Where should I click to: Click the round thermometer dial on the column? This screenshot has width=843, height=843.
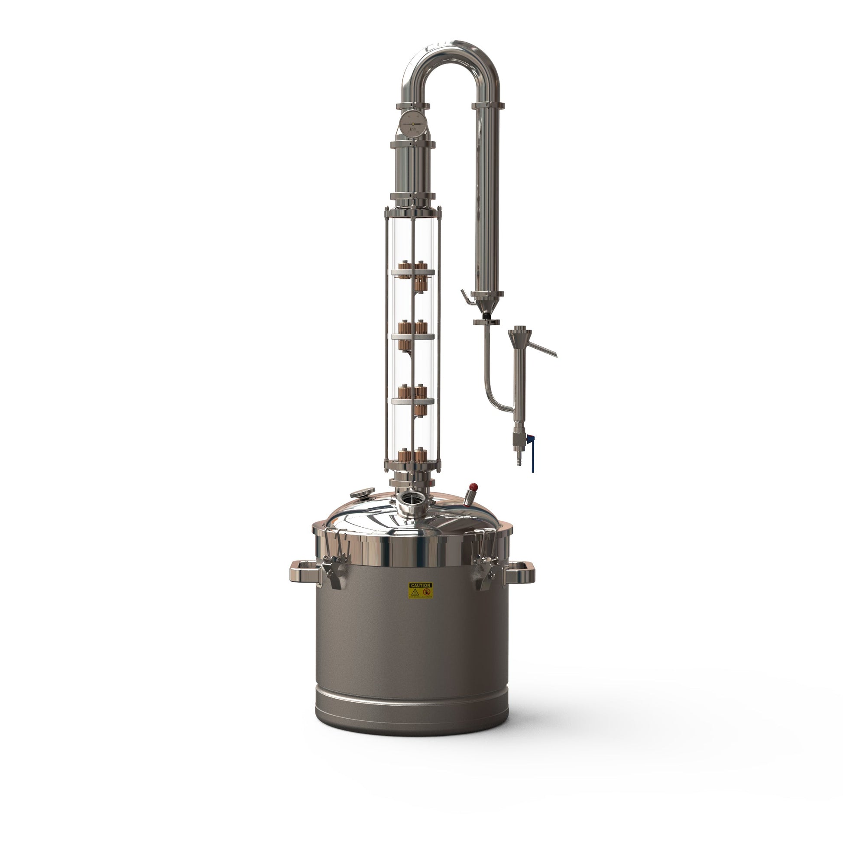click(x=413, y=124)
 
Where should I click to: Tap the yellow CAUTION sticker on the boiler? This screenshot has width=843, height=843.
click(x=421, y=590)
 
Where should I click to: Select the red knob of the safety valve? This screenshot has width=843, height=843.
click(x=473, y=487)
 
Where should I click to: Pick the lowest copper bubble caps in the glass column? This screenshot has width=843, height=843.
click(x=413, y=456)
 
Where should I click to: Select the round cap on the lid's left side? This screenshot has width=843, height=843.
click(x=362, y=493)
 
